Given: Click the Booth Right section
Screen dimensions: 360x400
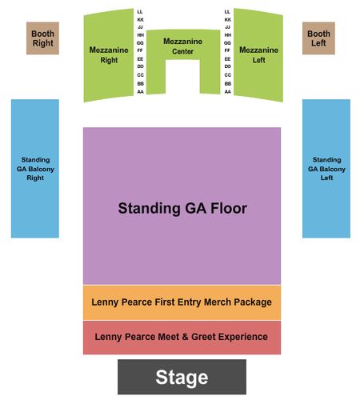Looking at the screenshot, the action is pos(42,38).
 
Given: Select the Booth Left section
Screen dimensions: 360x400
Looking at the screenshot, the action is pos(318,38).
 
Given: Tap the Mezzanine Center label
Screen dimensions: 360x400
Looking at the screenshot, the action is pos(183,46).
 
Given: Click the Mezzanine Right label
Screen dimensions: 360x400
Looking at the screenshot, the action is pos(109,55).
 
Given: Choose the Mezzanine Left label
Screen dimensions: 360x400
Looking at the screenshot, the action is pos(258,55).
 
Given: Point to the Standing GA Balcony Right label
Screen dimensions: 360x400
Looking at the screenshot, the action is pos(35,169).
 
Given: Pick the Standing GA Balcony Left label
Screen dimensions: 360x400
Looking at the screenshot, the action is pos(326,169).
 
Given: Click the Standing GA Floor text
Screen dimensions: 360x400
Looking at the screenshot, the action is pos(182,208).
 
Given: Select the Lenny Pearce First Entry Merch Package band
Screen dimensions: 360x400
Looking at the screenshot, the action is pos(182,302).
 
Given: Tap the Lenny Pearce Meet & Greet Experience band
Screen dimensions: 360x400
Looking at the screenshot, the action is pos(182,338).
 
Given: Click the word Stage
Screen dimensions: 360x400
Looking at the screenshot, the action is pos(182,378).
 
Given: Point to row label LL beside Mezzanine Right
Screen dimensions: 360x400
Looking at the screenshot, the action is pos(140,12).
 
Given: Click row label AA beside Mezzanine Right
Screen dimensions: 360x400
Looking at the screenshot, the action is pos(141,92).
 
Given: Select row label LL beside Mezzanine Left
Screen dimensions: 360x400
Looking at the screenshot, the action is pos(227,12).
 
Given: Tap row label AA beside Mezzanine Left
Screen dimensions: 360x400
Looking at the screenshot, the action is pos(228,92).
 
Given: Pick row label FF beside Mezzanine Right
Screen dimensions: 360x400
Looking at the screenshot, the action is pos(140,50).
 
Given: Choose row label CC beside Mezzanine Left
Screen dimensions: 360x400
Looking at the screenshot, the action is pos(228,75).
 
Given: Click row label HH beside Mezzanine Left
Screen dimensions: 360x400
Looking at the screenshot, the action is pos(228,35).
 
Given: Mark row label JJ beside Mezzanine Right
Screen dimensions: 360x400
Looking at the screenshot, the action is pos(140,27).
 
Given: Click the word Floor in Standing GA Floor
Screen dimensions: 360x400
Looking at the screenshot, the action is pos(229,208).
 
